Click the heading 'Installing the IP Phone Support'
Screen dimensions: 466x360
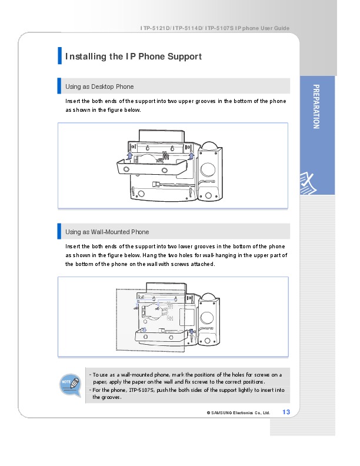134,56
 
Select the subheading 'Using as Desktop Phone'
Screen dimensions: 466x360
99,86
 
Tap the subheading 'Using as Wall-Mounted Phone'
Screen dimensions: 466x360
107,232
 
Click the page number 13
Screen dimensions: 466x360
286,411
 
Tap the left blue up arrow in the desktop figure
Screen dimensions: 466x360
129,155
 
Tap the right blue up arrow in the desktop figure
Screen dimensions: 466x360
191,155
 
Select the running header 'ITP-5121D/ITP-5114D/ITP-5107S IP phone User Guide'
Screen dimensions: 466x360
215,29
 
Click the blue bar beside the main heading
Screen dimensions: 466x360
59,56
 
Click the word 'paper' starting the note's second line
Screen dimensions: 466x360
101,381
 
